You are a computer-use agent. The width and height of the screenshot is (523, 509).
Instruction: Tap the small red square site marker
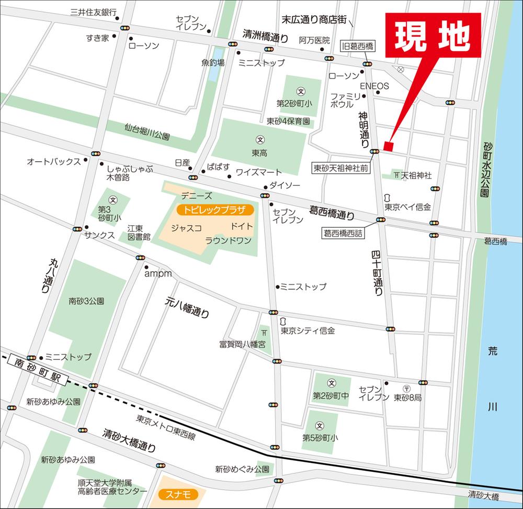click(x=388, y=145)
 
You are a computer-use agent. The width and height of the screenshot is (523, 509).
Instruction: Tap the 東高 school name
click(x=260, y=153)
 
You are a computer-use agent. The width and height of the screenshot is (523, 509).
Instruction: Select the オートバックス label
click(x=54, y=162)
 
